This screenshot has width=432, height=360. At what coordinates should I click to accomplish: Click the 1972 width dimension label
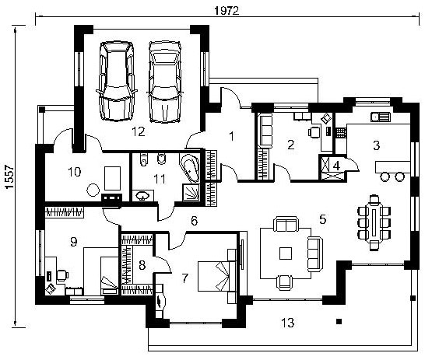[227, 10]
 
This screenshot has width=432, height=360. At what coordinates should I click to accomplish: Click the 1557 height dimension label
[9, 177]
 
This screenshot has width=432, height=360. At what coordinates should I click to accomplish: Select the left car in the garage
[116, 81]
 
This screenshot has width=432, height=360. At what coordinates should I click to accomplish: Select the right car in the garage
[165, 82]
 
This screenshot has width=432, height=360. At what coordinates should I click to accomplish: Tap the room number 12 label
[138, 132]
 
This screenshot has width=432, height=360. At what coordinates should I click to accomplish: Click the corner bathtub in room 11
[189, 168]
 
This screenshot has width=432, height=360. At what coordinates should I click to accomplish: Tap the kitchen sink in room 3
[381, 117]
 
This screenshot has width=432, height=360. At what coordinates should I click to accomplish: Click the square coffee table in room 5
[286, 253]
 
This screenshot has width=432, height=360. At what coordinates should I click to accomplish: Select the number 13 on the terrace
[288, 323]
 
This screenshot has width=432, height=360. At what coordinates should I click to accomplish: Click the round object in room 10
[93, 190]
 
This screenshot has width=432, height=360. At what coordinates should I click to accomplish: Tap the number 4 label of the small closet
[336, 166]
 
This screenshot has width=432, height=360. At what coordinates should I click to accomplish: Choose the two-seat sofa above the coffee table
[286, 224]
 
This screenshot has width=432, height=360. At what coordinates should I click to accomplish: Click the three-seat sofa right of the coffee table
[315, 253]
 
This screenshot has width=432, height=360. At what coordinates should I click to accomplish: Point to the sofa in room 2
[265, 131]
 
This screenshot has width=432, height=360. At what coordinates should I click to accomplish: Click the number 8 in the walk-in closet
[142, 266]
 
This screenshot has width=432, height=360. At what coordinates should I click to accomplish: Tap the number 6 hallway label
[195, 221]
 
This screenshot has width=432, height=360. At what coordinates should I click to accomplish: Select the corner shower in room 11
[191, 192]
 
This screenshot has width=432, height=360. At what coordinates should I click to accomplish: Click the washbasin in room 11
[142, 196]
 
